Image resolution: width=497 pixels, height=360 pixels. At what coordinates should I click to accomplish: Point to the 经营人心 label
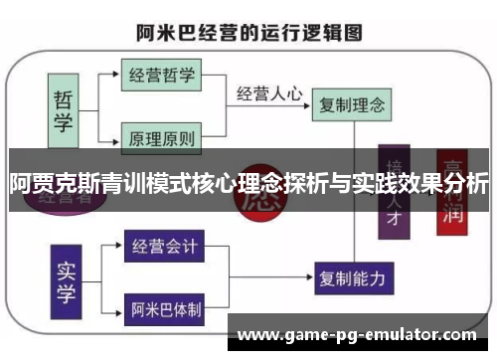pyautogui.click(x=269, y=93)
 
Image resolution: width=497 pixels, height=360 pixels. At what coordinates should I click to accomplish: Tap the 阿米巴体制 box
pyautogui.click(x=165, y=309)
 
